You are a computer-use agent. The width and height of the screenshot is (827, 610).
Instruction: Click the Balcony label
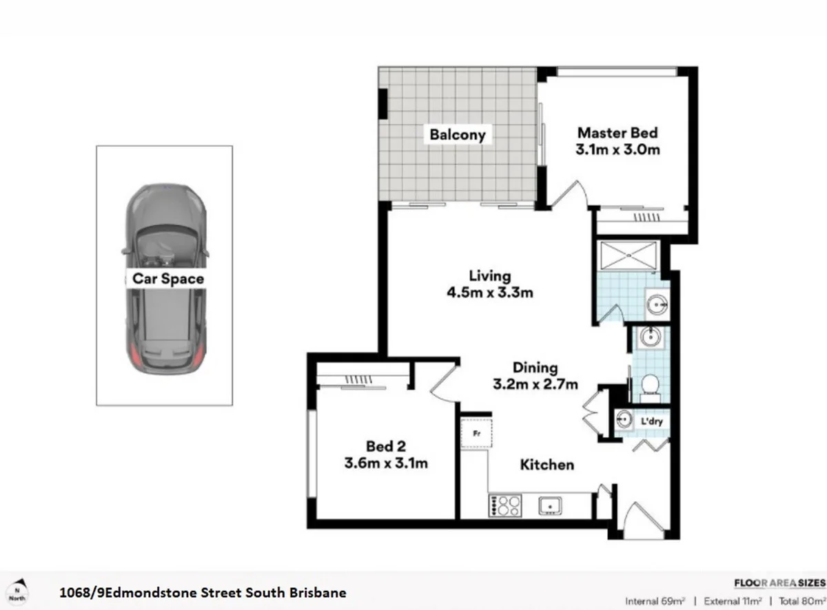pyautogui.click(x=458, y=134)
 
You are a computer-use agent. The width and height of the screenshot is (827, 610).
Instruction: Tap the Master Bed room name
pyautogui.click(x=617, y=133)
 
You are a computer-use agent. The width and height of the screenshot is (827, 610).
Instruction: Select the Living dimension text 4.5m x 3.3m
pyautogui.click(x=490, y=292)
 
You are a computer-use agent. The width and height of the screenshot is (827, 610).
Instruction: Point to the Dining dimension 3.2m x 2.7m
pyautogui.click(x=535, y=384)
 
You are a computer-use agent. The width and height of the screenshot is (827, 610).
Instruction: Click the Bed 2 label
pyautogui.click(x=385, y=446)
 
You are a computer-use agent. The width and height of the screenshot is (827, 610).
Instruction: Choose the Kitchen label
pyautogui.click(x=547, y=465)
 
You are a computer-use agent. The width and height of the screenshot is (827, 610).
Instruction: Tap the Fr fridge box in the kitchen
pyautogui.click(x=476, y=433)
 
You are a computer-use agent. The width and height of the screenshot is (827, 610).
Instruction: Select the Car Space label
pyautogui.click(x=168, y=279)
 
